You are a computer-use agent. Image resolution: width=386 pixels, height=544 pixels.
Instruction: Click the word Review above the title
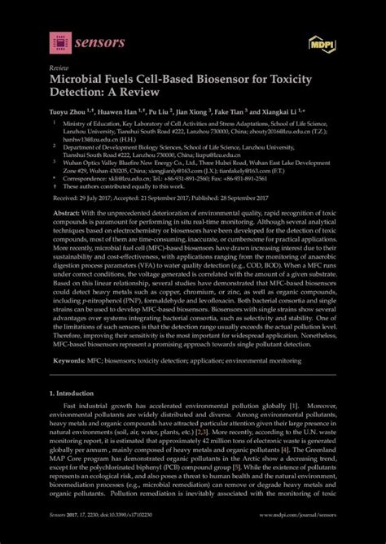click(59, 69)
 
